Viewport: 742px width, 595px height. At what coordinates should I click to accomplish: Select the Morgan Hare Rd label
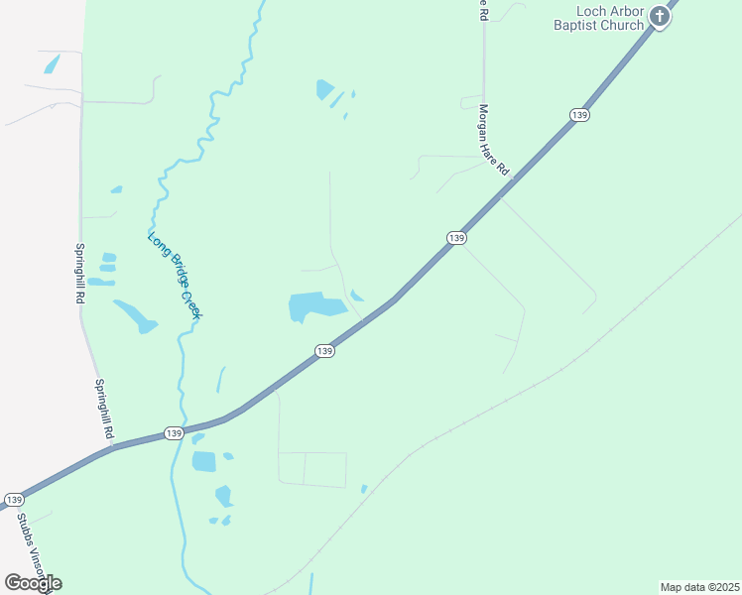tap(493, 140)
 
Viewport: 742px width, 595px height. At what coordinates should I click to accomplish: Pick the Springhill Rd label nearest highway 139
tap(104, 410)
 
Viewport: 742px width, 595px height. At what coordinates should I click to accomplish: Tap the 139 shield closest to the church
tap(580, 115)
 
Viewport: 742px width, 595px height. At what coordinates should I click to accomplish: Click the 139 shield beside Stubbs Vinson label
tap(14, 499)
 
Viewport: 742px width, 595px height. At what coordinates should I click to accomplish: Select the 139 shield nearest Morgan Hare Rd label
tap(455, 238)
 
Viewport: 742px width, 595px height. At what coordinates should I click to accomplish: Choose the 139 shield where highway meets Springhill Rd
tap(174, 433)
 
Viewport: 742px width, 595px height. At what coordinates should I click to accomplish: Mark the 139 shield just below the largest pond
tap(324, 351)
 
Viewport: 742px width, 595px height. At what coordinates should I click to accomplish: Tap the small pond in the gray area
tap(52, 64)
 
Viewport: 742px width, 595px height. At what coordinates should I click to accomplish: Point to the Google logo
tap(33, 582)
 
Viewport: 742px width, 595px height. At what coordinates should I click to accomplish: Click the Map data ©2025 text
tap(699, 586)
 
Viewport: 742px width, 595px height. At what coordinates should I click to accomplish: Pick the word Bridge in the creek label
tap(175, 274)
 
